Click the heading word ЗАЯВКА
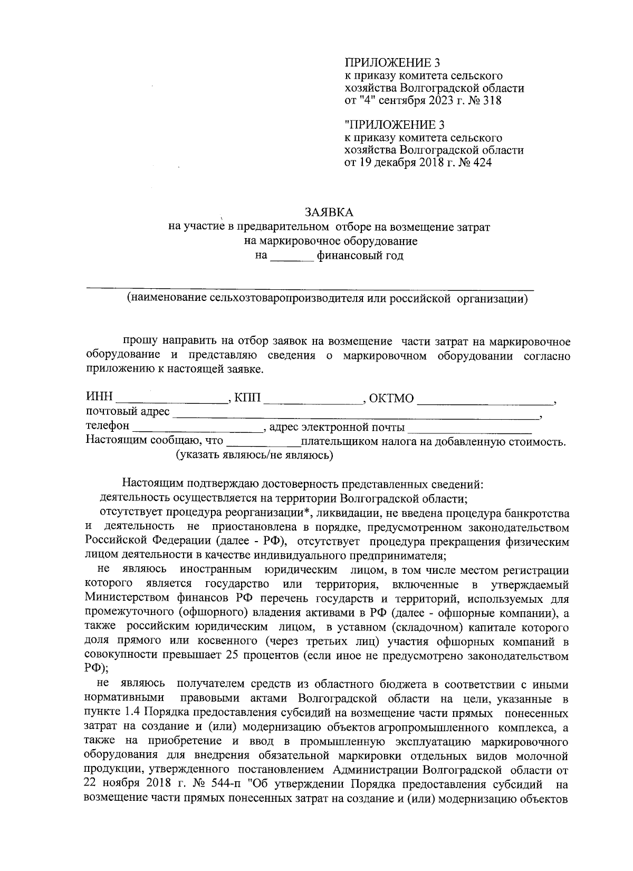[329, 212]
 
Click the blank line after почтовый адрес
[356, 414]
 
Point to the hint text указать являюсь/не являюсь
[254, 456]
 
